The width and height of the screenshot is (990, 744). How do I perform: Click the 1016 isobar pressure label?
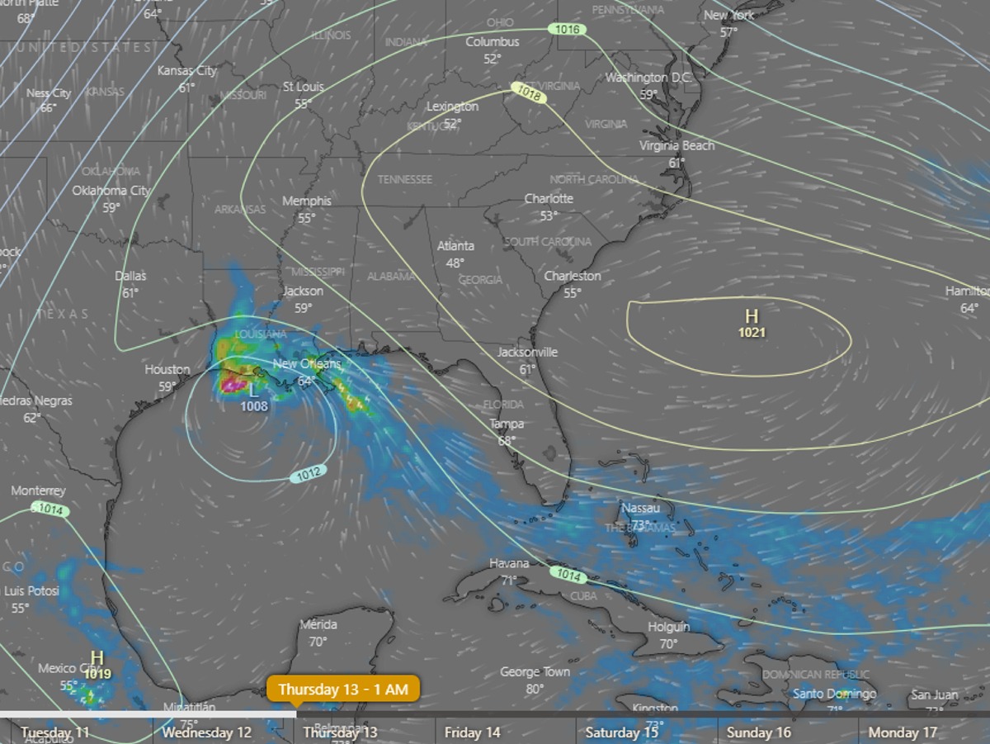tap(568, 30)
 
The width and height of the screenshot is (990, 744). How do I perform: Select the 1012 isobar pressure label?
tap(309, 474)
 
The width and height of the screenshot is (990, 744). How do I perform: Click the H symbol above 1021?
tap(752, 316)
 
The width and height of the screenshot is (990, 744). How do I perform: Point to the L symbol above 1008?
tap(252, 391)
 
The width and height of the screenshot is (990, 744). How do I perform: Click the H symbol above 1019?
tap(97, 658)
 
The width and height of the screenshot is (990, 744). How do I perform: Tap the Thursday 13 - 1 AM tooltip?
tap(343, 689)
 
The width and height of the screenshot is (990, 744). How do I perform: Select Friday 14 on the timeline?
tap(472, 732)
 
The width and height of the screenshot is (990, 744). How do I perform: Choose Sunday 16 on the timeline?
tap(759, 732)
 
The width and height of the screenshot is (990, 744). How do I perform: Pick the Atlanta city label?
tap(455, 246)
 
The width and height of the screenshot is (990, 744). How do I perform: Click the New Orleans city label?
tap(306, 364)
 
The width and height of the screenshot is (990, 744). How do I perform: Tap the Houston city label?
tap(167, 369)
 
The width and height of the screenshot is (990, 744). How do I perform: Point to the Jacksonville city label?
tap(527, 353)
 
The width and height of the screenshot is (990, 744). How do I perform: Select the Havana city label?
tap(509, 563)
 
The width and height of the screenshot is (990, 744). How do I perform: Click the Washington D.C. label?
tap(648, 78)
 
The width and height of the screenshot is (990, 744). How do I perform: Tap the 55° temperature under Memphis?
tap(307, 218)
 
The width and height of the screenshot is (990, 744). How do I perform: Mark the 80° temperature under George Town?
tap(535, 688)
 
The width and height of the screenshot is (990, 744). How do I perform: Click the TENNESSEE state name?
tap(404, 179)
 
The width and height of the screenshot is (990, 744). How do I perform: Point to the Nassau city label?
tap(641, 508)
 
